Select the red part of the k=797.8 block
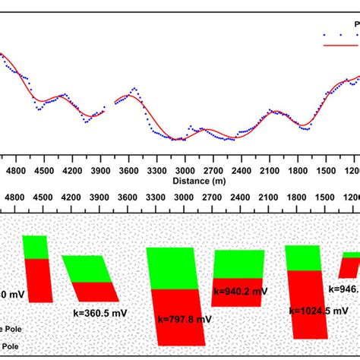181,315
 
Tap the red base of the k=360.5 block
96,292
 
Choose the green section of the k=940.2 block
239,264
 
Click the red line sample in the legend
334,46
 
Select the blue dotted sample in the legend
334,34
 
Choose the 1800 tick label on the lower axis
297,197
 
